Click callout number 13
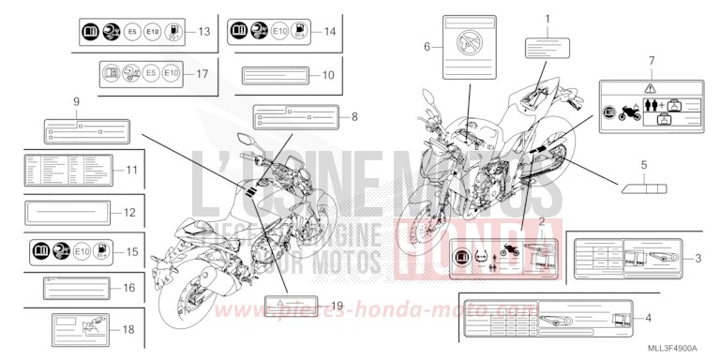tap(203, 32)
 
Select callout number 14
tap(329, 31)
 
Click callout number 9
tap(76, 100)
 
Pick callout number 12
tap(129, 212)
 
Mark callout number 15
tap(131, 251)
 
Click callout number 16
tap(129, 288)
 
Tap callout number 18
tap(129, 328)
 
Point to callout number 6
tap(427, 46)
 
